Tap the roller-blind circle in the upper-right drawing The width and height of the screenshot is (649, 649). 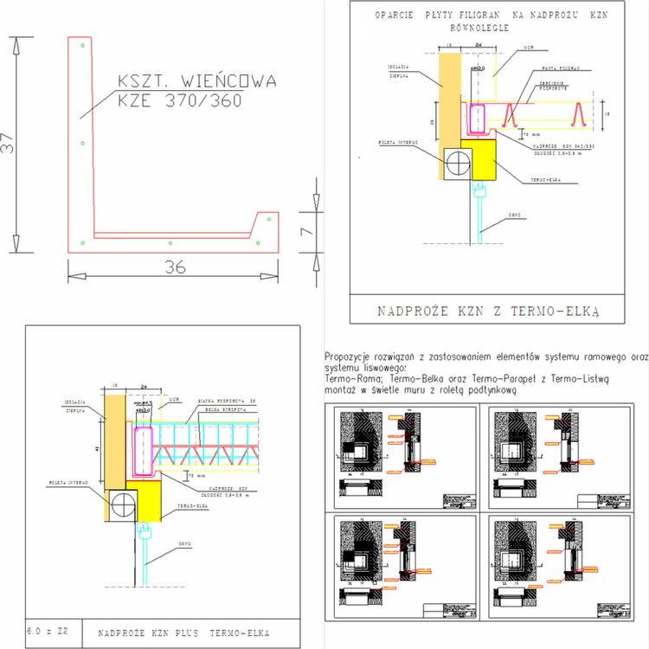coord(458,163)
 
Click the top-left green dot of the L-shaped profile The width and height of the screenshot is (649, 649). coord(80,44)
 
